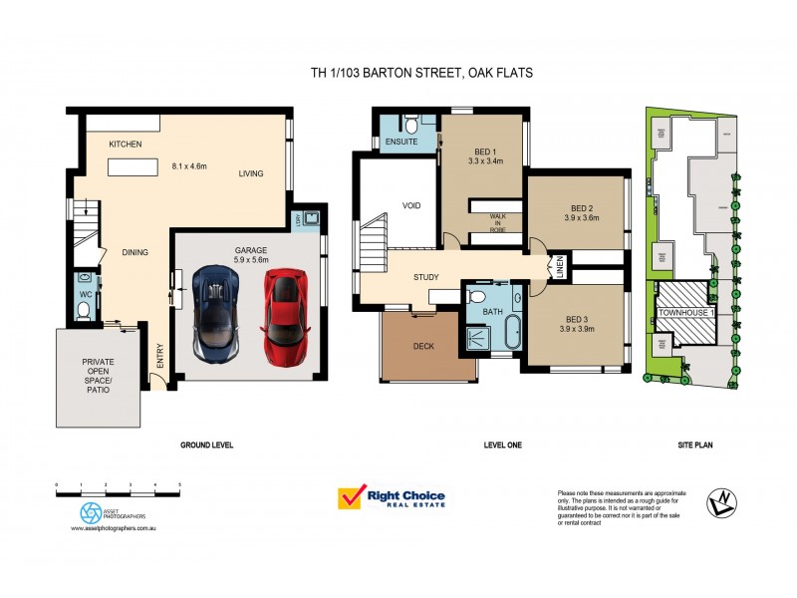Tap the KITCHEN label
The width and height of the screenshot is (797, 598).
(x=126, y=145)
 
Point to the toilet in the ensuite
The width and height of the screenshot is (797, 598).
(x=409, y=125)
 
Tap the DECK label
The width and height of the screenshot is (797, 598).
(x=424, y=347)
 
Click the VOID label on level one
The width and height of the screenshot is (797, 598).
(x=412, y=205)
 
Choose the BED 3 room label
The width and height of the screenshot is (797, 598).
(x=577, y=323)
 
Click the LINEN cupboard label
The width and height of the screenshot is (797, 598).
(x=560, y=267)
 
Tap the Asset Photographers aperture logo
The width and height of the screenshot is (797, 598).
(x=90, y=511)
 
